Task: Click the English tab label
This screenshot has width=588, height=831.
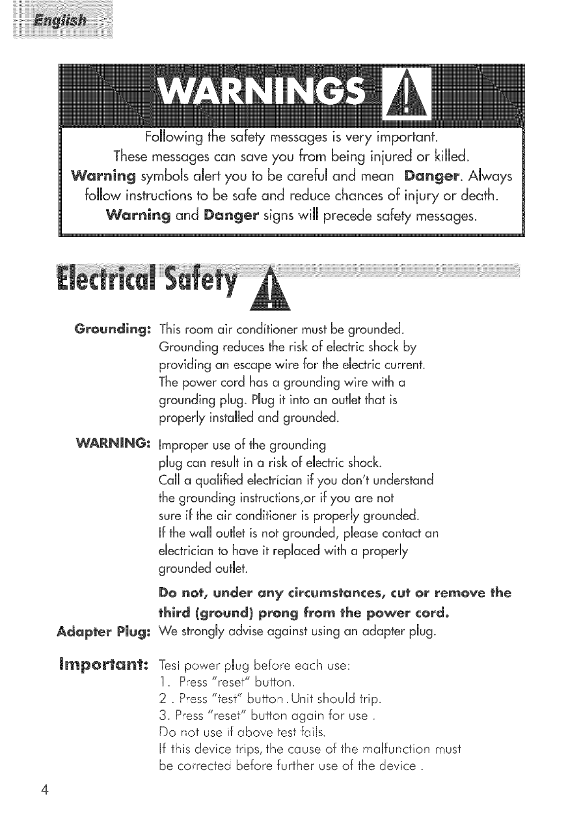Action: (x=58, y=22)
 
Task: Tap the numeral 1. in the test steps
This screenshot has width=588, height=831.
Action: (x=165, y=682)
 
